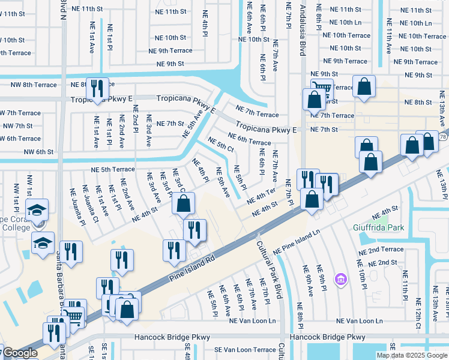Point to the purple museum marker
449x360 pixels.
341,279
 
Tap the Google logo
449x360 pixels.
19,353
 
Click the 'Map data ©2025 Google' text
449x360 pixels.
411,355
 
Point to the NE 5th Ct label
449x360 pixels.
220,145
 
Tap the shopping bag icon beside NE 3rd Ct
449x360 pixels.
183,203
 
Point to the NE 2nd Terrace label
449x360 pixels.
381,249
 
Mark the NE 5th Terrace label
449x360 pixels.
113,170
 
